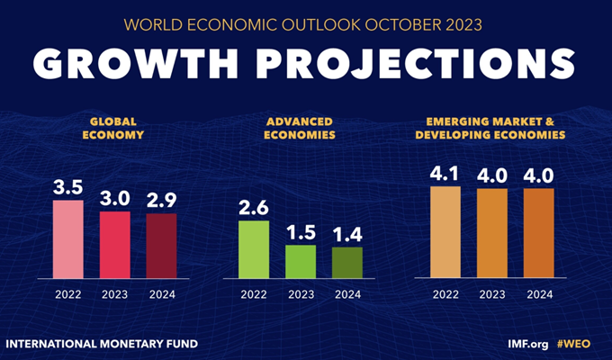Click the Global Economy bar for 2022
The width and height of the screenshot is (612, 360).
point(67,238)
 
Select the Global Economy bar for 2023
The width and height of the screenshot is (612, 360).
point(115,244)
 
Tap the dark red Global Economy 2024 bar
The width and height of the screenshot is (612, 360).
point(162,245)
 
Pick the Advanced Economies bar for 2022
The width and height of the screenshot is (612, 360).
point(254,248)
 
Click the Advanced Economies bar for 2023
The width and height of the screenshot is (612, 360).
point(301,261)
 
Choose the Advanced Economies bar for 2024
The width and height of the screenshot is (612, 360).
point(347,262)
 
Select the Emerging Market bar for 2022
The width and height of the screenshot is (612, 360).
point(445,231)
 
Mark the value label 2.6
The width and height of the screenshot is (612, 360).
point(254,207)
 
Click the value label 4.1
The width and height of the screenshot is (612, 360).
point(445,174)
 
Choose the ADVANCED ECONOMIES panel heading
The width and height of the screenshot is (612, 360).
point(301,127)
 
